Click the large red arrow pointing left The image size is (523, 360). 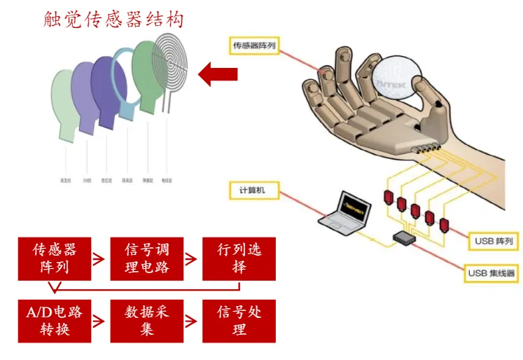pyautogui.click(x=218, y=73)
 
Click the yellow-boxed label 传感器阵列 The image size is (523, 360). pyautogui.click(x=256, y=46)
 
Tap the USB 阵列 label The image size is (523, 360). pyautogui.click(x=494, y=242)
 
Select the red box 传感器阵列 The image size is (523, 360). pyautogui.click(x=55, y=258)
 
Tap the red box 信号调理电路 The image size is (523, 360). pyautogui.click(x=146, y=258)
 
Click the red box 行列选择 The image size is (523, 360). pyautogui.click(x=239, y=258)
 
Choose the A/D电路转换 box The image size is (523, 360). pyautogui.click(x=55, y=321)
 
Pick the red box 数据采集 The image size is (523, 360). pyautogui.click(x=146, y=321)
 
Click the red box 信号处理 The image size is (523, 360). pyautogui.click(x=239, y=321)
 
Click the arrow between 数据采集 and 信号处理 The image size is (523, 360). pyautogui.click(x=193, y=321)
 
